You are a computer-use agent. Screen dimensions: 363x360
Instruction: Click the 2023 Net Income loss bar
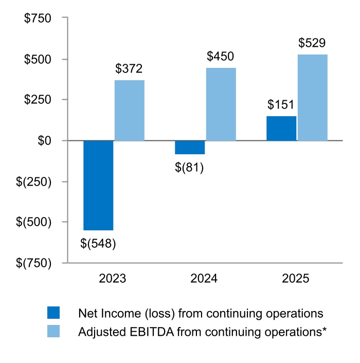pos(98,185)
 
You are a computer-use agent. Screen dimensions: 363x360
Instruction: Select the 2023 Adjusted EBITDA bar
pos(129,111)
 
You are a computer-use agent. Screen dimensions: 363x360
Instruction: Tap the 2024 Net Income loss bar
pos(190,148)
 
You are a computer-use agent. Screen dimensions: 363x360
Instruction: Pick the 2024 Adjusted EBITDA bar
pos(221,104)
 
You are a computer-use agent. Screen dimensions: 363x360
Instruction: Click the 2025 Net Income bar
pos(281,129)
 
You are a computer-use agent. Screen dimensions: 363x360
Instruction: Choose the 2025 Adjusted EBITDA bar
pos(312,98)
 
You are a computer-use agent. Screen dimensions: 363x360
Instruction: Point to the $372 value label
pos(129,68)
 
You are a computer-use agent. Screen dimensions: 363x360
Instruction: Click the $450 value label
pos(221,57)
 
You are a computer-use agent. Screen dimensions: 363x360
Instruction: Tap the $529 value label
pos(312,43)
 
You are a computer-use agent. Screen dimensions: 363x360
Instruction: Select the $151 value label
pos(281,105)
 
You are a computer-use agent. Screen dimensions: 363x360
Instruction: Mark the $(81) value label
pos(189,168)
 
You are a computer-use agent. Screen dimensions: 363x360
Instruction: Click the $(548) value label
pos(98,243)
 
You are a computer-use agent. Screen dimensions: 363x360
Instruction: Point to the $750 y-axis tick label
pos(38,19)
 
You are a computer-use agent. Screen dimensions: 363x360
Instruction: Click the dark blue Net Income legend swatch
pos(53,313)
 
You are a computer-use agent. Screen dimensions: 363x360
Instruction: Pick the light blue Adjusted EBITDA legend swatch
pos(53,331)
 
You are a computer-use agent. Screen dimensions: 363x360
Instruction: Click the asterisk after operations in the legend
pos(325,330)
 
